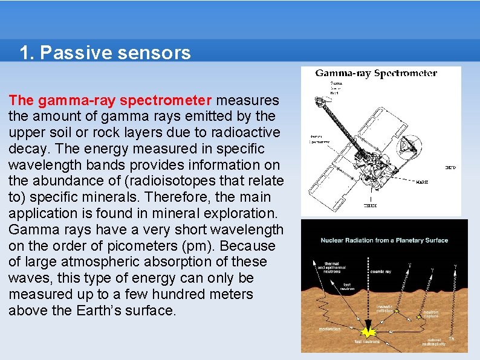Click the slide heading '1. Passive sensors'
pyautogui.click(x=105, y=53)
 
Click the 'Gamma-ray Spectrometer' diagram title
pyautogui.click(x=376, y=73)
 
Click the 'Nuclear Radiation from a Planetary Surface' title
pyautogui.click(x=384, y=240)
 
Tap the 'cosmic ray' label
pyautogui.click(x=380, y=272)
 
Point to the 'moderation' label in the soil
pyautogui.click(x=330, y=329)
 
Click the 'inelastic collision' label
pyautogui.click(x=384, y=309)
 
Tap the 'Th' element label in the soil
pyautogui.click(x=451, y=339)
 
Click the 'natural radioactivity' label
pyautogui.click(x=434, y=342)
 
